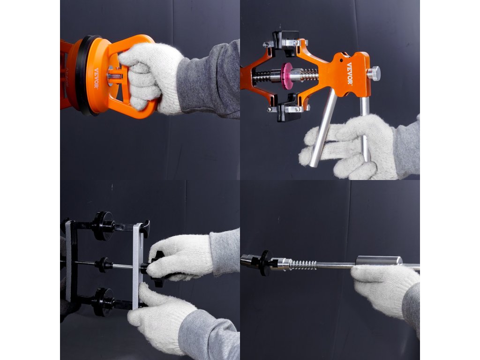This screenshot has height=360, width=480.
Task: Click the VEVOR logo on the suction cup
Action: [x=96, y=78]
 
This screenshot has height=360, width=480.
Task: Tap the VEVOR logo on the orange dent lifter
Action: [x=349, y=74]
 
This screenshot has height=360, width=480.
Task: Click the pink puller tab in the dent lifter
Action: [x=287, y=76]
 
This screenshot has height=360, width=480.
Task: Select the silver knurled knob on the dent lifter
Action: [x=374, y=74]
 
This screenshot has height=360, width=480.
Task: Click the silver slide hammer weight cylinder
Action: [x=379, y=260]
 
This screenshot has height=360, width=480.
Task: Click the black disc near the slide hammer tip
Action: [x=265, y=263]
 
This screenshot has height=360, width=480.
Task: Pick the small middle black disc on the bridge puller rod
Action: [x=103, y=265]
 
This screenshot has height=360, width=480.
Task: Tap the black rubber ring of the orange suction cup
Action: [x=82, y=75]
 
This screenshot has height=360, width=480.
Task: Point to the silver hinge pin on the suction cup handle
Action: [x=115, y=76]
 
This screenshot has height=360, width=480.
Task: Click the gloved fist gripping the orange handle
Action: [x=147, y=76]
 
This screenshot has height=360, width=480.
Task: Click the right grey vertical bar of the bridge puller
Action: [x=138, y=266]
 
